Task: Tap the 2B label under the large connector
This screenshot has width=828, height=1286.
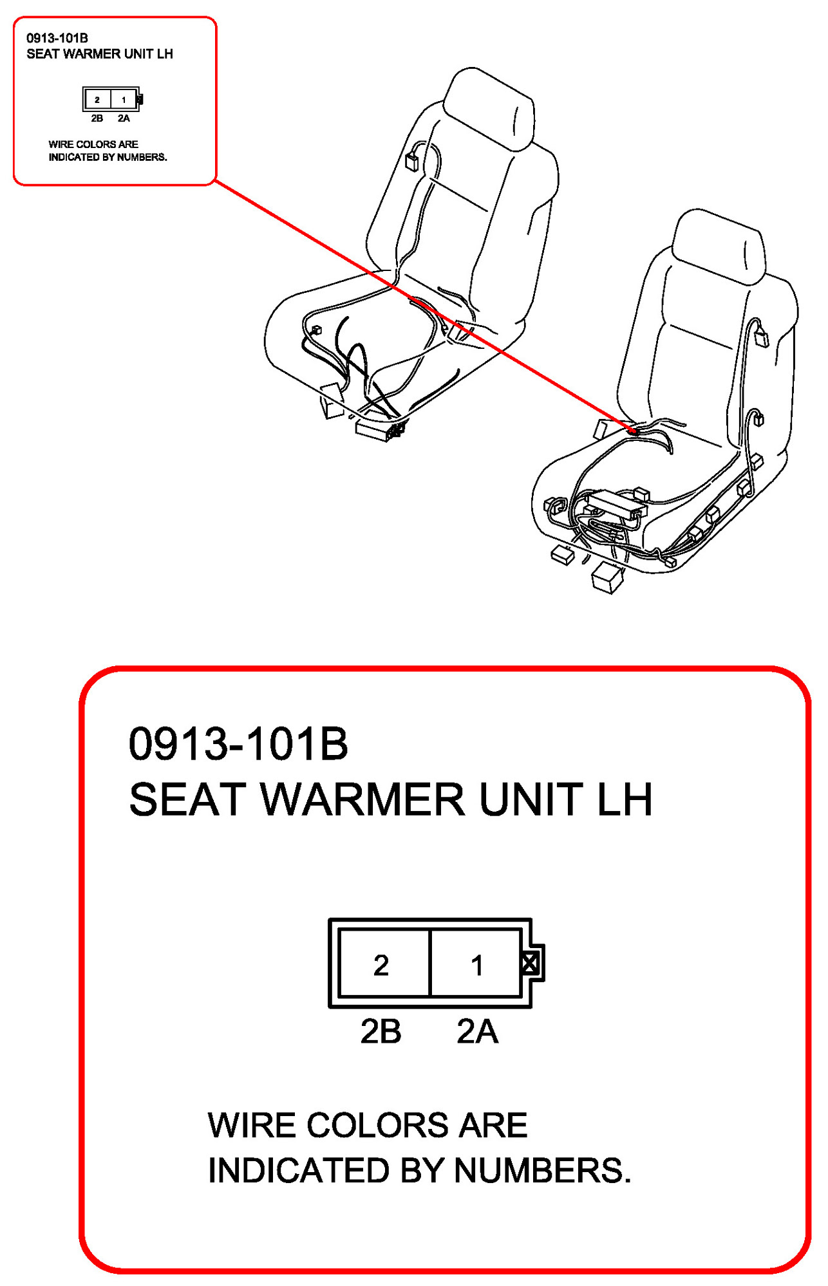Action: [x=381, y=1031]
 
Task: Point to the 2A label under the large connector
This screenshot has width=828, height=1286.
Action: [x=477, y=1031]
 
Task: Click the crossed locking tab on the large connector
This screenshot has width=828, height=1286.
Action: [x=531, y=964]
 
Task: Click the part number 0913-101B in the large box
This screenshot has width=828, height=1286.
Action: [x=238, y=744]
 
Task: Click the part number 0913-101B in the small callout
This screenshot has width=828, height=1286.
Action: [x=57, y=39]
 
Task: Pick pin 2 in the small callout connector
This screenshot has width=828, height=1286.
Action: [x=97, y=100]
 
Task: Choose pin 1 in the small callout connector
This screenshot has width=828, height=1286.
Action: [x=124, y=100]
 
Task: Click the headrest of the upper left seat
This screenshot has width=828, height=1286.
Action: [x=489, y=107]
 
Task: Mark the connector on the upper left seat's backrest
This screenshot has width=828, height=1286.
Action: [x=412, y=161]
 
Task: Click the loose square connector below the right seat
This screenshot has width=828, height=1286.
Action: [x=607, y=577]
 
